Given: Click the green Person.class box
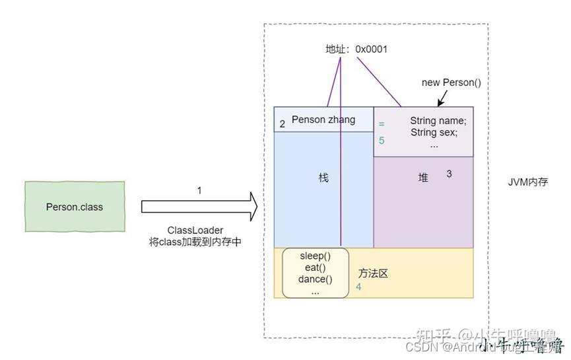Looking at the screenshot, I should tap(75, 207).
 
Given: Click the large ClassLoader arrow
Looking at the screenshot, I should tap(199, 207).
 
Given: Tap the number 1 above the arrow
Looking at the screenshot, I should tap(199, 190).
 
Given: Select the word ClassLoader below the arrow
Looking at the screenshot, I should tap(195, 231).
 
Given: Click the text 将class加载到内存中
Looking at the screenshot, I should tap(195, 242).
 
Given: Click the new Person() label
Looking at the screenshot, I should tap(452, 83).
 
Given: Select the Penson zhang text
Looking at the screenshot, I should tap(323, 120).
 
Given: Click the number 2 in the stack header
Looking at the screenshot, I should tap(283, 124).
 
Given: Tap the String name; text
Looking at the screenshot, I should tap(438, 121).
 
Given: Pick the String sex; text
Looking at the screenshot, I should tap(434, 132).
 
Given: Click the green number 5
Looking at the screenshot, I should tap(382, 141).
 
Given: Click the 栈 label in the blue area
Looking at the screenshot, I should tap(323, 178).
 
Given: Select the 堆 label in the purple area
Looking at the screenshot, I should tap(423, 178).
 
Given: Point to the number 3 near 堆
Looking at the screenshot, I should tap(449, 174).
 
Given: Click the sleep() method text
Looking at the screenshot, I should tap(315, 256).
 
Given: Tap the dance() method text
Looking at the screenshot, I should tap(315, 279).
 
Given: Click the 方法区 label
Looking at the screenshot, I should tap(373, 273).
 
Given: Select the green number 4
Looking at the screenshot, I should tap(358, 287).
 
